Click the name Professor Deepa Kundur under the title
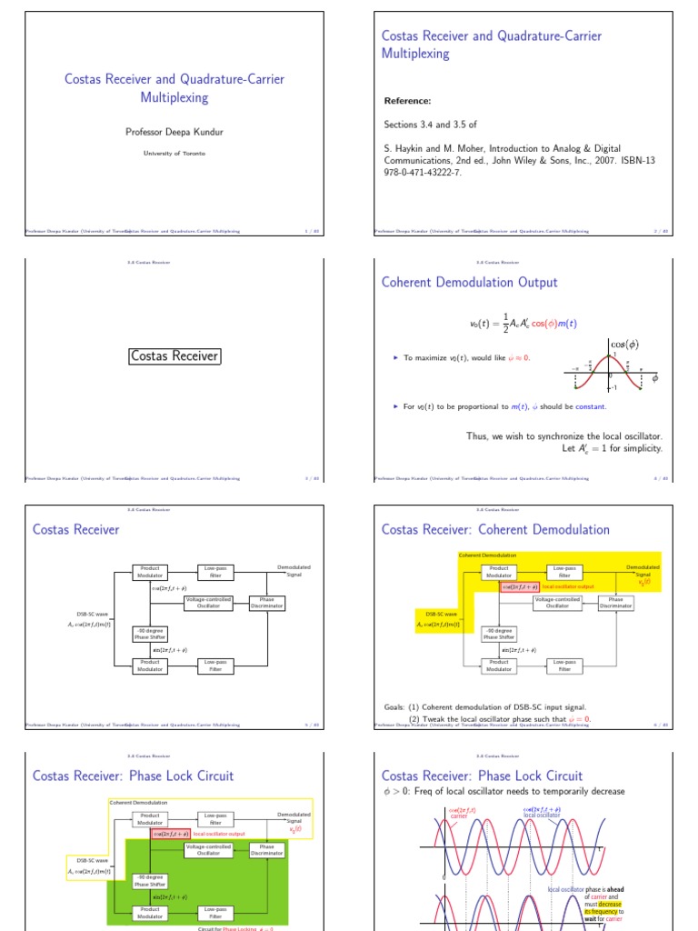coord(174,132)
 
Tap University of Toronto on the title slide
coord(174,154)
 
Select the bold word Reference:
coord(406,101)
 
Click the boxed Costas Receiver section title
coord(174,356)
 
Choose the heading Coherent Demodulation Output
coord(469,283)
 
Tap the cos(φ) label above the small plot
coord(623,345)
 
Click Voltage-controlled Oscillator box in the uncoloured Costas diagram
coord(208,603)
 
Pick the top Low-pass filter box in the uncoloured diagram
coord(215,572)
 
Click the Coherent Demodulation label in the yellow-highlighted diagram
coord(487,555)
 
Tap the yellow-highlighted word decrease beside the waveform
coord(610,905)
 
